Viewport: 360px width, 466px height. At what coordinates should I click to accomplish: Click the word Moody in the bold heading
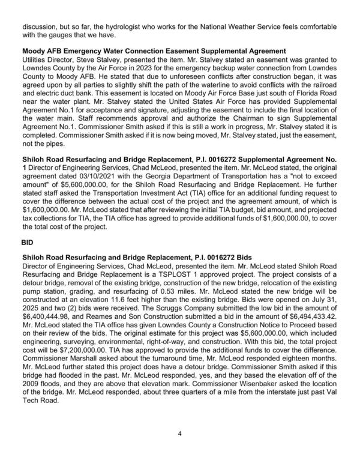(x=34, y=52)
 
